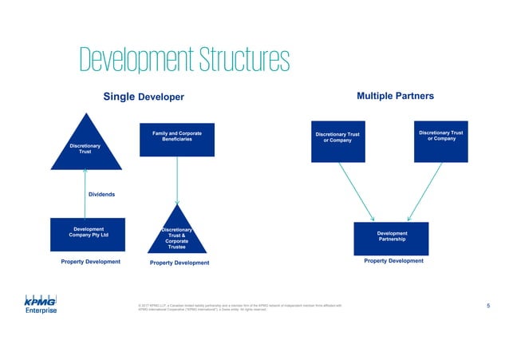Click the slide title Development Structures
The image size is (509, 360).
183,58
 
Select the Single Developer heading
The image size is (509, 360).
144,97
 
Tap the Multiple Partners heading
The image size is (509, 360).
396,96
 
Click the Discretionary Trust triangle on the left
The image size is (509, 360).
86,147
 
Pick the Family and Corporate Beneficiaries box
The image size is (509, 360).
176,143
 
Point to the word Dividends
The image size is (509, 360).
101,194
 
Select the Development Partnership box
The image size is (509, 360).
392,236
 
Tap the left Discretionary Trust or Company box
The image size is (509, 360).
337,143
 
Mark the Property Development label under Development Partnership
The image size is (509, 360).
393,261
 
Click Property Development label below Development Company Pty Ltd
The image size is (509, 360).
91,262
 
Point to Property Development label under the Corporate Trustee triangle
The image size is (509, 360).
180,263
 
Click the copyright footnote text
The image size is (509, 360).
239,307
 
